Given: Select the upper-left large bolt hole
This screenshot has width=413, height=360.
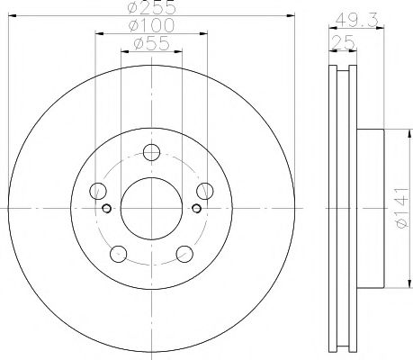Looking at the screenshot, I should (97, 190).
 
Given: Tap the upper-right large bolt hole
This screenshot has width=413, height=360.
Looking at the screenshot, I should (205, 190).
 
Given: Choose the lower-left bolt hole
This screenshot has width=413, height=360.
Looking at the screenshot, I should (119, 254).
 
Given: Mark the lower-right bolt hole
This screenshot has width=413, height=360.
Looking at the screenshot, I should (184, 254).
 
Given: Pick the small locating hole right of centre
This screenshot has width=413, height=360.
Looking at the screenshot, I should (196, 209).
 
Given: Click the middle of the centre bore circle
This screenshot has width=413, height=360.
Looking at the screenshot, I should (151, 209).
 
